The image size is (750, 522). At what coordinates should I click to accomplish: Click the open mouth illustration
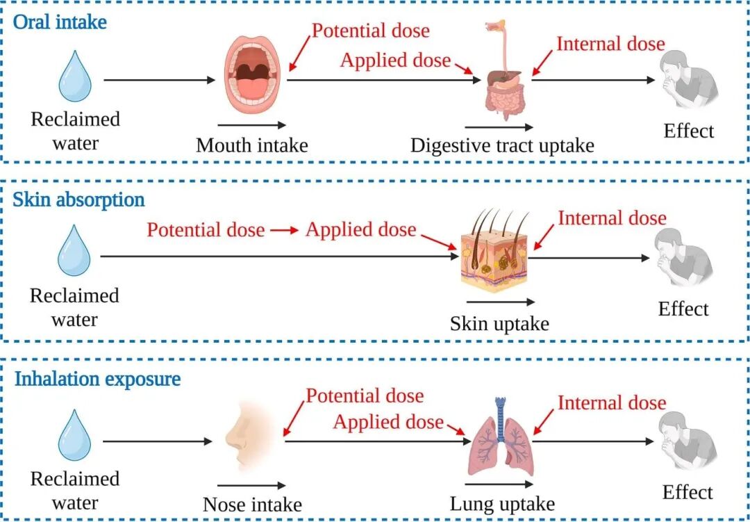(x=253, y=74)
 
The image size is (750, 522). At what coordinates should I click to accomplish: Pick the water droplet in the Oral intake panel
(x=75, y=76)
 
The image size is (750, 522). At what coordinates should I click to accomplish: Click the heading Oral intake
(x=60, y=22)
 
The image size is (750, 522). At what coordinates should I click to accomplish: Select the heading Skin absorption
(x=78, y=199)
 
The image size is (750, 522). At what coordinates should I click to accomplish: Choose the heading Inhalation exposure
(x=98, y=379)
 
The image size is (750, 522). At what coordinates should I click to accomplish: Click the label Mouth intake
(x=251, y=145)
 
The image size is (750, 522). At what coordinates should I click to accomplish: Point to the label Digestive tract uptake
(x=502, y=145)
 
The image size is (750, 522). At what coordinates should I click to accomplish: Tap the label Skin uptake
(x=499, y=324)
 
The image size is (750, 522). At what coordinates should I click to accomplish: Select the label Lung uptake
(x=502, y=504)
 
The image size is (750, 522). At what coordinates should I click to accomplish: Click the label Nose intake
(x=252, y=505)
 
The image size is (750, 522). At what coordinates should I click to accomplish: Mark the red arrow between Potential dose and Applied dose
(x=285, y=230)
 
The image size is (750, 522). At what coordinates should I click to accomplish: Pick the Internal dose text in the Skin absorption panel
(x=612, y=218)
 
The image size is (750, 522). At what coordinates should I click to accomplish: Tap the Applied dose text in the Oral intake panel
(x=396, y=61)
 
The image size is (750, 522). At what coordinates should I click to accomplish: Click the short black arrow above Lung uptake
(x=499, y=484)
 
